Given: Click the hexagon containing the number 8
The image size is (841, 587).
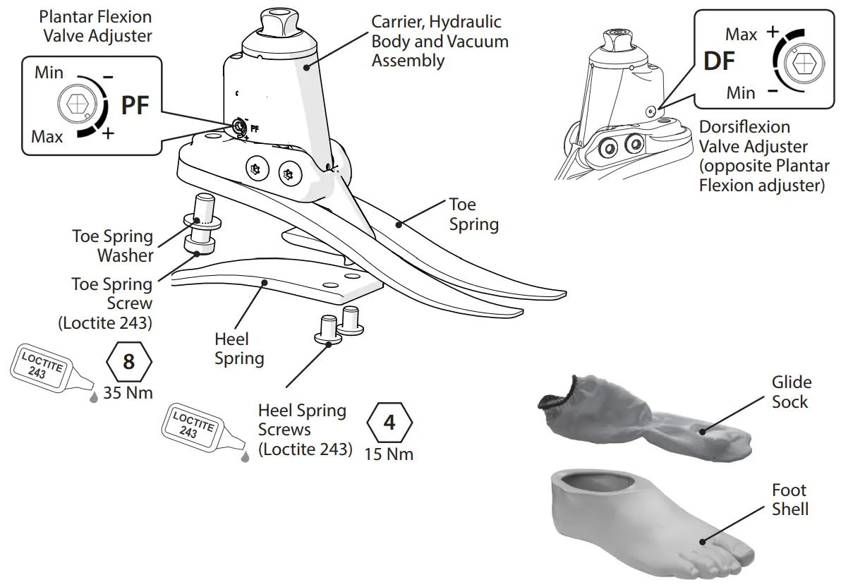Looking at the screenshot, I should click(128, 362).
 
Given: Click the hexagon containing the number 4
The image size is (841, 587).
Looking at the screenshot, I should click(389, 423).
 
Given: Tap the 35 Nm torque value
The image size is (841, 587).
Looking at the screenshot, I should click(128, 393).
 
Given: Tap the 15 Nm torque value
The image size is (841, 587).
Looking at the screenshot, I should click(389, 454).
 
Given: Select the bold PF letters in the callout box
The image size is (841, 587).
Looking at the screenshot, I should click(135, 106).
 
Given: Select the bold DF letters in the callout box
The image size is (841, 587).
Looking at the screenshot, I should click(720, 61).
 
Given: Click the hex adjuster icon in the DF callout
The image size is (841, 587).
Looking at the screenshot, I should click(803, 63).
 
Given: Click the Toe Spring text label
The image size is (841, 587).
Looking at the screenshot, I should click(473, 214).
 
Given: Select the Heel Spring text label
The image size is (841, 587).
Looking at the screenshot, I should click(239, 349).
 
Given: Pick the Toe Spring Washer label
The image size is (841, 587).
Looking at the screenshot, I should click(112, 246).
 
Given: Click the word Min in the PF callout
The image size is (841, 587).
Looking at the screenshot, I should click(49, 73).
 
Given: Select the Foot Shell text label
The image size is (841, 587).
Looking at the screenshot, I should click(789, 500).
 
